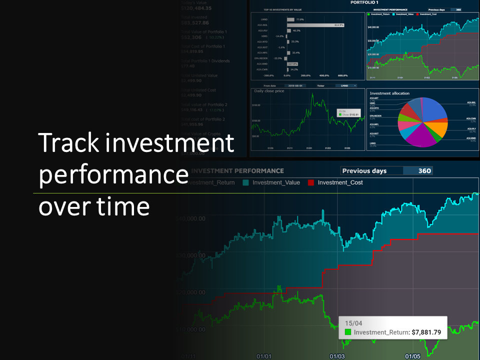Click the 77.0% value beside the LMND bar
[x=300, y=19]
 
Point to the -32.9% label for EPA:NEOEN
[x=278, y=58]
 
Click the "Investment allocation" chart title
[x=389, y=93]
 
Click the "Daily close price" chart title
[x=269, y=91]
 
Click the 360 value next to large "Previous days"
[x=424, y=170]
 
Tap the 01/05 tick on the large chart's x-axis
[x=412, y=356]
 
